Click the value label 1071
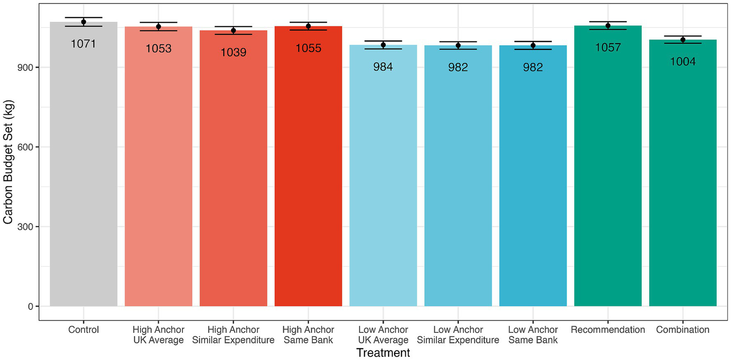83,44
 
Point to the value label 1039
233,52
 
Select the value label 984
383,67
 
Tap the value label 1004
682,61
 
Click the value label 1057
608,47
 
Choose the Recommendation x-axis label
608,330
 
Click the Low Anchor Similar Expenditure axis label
458,335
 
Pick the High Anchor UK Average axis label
159,335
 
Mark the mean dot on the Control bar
83,22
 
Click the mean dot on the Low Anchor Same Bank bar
533,45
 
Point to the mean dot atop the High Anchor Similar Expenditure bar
233,30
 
